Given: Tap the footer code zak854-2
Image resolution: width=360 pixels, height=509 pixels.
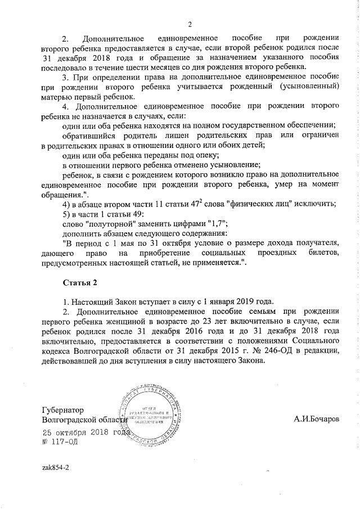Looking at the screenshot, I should point(56,467).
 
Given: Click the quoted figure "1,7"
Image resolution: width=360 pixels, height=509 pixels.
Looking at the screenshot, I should point(214,223).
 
